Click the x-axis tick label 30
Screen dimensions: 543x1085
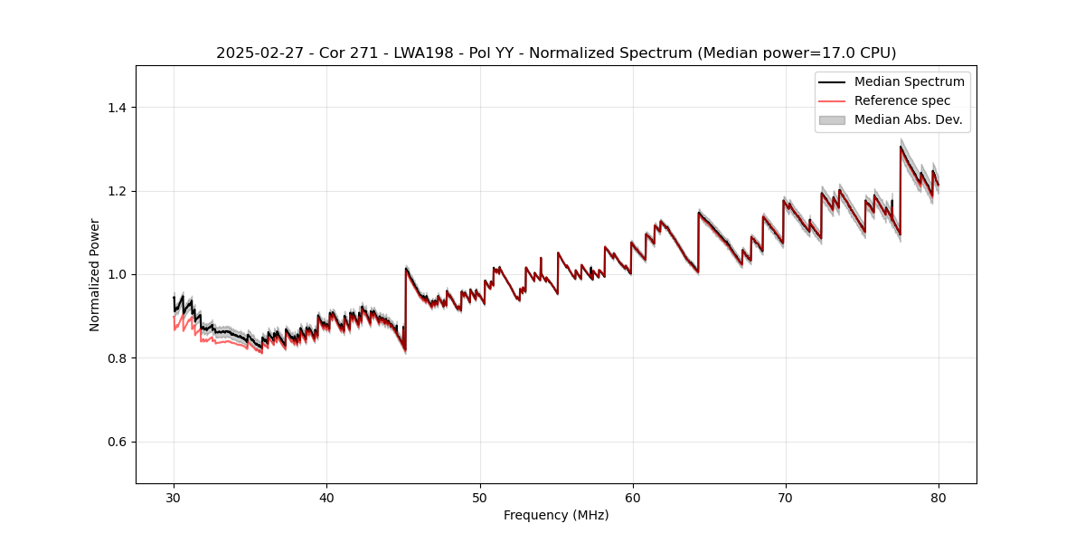[174, 498]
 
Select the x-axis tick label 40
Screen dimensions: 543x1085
[326, 498]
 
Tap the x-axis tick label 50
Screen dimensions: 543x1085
[480, 498]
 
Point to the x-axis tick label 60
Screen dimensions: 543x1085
[633, 498]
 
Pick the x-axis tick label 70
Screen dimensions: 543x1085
[786, 498]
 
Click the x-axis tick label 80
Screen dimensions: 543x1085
[939, 498]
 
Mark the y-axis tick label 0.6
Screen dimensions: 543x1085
[118, 442]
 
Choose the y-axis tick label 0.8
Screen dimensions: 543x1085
[118, 358]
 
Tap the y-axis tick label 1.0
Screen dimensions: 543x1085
[118, 274]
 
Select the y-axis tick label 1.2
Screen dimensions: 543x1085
[118, 191]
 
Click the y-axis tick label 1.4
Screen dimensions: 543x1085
[118, 108]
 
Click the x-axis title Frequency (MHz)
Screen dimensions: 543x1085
[556, 515]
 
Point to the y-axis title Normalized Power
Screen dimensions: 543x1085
[95, 274]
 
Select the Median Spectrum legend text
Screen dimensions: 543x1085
[909, 81]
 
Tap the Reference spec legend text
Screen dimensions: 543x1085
[902, 100]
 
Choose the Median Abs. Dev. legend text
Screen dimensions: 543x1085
[908, 119]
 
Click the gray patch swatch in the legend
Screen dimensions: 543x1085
[832, 119]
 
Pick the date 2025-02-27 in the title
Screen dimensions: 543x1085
[256, 53]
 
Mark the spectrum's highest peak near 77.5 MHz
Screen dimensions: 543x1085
[901, 147]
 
